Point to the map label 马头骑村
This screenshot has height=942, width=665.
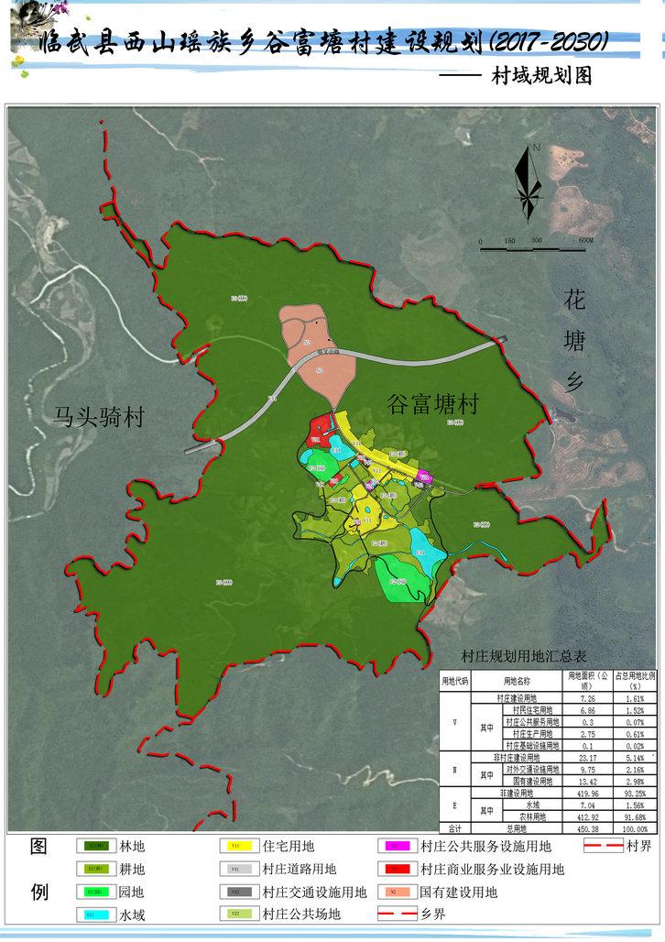(x=98, y=418)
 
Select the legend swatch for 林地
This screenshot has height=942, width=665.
(x=94, y=846)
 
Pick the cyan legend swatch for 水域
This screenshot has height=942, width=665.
(x=94, y=914)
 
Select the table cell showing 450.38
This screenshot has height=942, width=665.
(x=583, y=828)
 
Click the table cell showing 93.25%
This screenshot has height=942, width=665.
(x=636, y=794)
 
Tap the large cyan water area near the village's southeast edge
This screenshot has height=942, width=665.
(x=427, y=545)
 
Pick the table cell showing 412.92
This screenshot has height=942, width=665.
(x=583, y=816)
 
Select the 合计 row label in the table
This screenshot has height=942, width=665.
(x=455, y=828)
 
